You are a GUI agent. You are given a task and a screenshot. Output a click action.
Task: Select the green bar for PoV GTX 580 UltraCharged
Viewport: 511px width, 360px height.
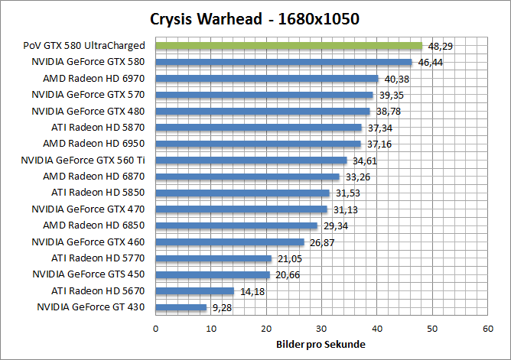click(288, 46)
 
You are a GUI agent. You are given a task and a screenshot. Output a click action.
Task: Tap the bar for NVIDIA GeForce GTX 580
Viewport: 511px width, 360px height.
click(284, 62)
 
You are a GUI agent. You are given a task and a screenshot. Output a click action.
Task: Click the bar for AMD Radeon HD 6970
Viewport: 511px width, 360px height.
click(267, 78)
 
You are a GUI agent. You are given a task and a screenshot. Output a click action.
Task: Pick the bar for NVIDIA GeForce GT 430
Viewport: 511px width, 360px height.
click(181, 307)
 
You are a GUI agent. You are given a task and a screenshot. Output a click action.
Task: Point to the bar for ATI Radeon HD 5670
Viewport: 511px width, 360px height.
click(194, 290)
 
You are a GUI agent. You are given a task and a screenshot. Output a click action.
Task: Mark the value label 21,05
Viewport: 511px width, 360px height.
click(288, 258)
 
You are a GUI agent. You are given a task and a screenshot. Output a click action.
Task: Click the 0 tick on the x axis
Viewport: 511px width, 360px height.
click(156, 328)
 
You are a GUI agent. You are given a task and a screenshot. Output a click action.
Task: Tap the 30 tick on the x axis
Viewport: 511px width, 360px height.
click(321, 328)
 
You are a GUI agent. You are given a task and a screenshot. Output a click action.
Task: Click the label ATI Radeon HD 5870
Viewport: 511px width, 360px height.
click(98, 127)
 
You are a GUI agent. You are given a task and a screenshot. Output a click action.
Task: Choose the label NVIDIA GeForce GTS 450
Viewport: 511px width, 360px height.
click(89, 274)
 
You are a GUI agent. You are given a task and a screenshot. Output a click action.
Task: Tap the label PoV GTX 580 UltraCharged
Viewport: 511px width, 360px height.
click(84, 46)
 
